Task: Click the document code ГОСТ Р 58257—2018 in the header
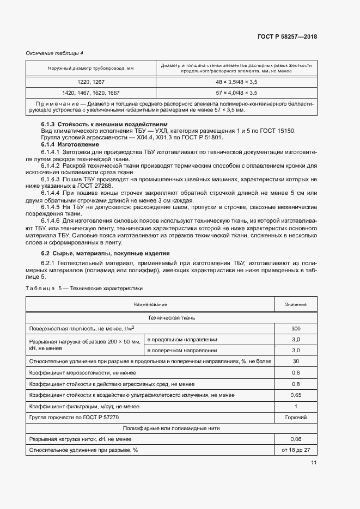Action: tap(287, 37)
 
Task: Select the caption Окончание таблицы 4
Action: tap(54, 53)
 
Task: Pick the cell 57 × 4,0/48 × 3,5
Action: tap(236, 92)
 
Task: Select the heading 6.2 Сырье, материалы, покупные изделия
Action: tap(106, 253)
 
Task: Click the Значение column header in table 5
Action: tap(296, 304)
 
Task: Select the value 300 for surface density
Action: tap(296, 329)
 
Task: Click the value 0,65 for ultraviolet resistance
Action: tap(296, 395)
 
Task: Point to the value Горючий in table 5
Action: tap(296, 417)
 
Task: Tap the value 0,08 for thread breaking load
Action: tap(296, 439)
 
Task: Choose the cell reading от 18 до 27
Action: tap(296, 450)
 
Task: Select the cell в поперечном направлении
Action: tap(182, 350)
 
